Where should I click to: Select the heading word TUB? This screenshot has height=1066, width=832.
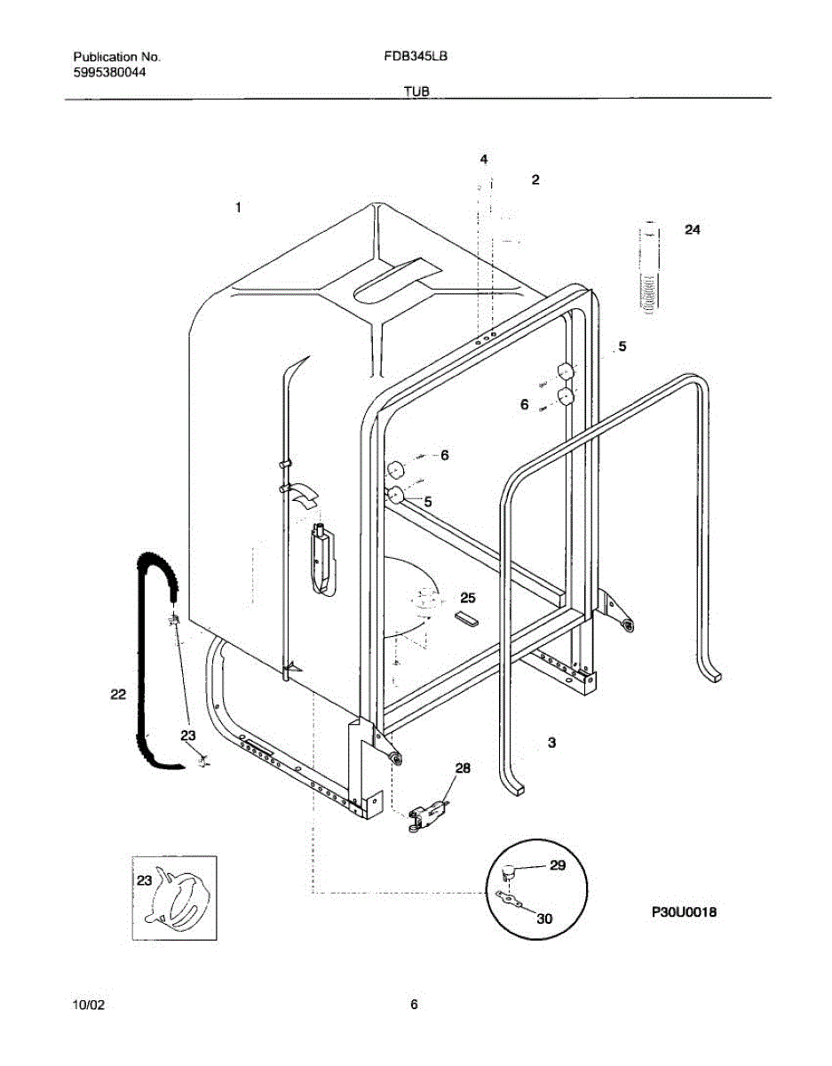tap(417, 91)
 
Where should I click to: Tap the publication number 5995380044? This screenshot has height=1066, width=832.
tap(109, 73)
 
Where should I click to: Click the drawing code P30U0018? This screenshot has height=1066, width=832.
tap(684, 911)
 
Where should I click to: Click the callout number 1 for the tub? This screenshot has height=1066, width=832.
tap(238, 207)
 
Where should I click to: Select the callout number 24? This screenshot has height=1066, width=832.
tap(693, 229)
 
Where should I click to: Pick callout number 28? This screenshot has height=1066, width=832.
tap(463, 768)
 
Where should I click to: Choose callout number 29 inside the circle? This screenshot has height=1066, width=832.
tap(557, 865)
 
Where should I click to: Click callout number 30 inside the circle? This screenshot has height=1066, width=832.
tap(544, 919)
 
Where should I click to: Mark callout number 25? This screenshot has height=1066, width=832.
tap(468, 597)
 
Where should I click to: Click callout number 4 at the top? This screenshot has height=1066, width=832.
tap(484, 160)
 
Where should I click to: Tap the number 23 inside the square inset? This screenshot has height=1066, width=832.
tap(144, 879)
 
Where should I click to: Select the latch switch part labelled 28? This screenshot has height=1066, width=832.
tap(428, 813)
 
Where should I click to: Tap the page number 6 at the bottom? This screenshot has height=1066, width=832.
tap(414, 1005)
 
